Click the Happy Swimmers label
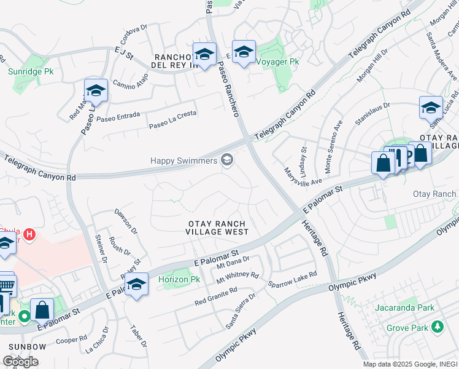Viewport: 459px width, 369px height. (x=184, y=161)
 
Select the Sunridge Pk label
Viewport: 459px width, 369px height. (x=31, y=71)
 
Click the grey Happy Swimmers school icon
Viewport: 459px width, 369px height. (x=227, y=160)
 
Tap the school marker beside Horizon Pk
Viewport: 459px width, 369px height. (x=137, y=284)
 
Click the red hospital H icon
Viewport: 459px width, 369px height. (x=28, y=234)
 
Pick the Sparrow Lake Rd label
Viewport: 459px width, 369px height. (x=292, y=279)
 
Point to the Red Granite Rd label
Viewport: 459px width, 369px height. (x=216, y=296)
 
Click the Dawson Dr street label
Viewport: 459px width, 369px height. (x=126, y=221)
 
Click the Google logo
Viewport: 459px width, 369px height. (x=20, y=361)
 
